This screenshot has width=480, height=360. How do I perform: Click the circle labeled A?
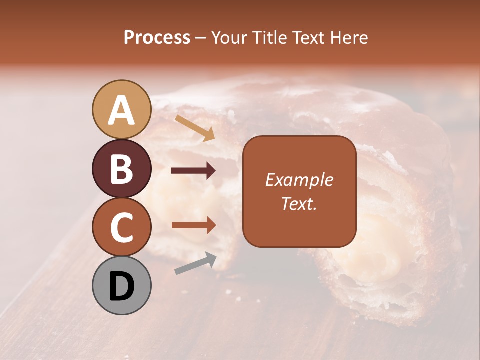(122, 109)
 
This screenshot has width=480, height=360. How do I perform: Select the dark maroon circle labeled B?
(122, 168)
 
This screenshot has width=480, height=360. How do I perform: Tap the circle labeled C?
(122, 227)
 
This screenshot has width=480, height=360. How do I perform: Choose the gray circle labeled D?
(122, 285)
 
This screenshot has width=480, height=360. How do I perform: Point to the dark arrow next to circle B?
(193, 171)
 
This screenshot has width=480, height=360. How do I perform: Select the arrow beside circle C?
(193, 225)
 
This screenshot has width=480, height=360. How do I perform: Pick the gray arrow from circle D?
(195, 263)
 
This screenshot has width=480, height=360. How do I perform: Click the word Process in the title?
(157, 38)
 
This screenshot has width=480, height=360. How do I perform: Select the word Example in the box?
(299, 180)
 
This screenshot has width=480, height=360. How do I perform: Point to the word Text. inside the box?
(299, 203)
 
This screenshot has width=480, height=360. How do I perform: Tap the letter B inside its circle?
(121, 168)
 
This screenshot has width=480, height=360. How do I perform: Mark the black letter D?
(121, 286)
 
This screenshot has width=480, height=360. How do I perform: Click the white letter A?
(121, 110)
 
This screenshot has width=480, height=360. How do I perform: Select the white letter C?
(121, 227)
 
